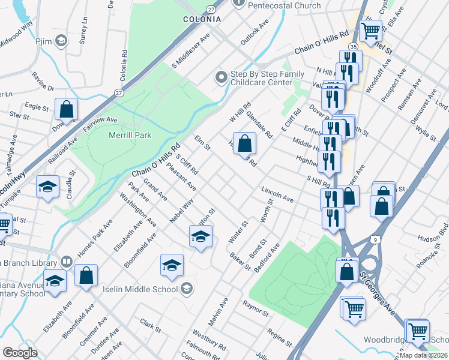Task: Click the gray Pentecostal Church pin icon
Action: click(239, 5)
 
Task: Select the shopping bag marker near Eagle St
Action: click(67, 109)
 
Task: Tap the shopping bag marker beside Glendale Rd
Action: click(244, 143)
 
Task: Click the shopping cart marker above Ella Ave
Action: click(371, 29)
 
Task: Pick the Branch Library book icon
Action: click(66, 263)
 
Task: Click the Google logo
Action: click(20, 353)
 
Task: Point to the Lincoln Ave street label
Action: click(277, 194)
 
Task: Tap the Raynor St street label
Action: click(255, 309)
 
